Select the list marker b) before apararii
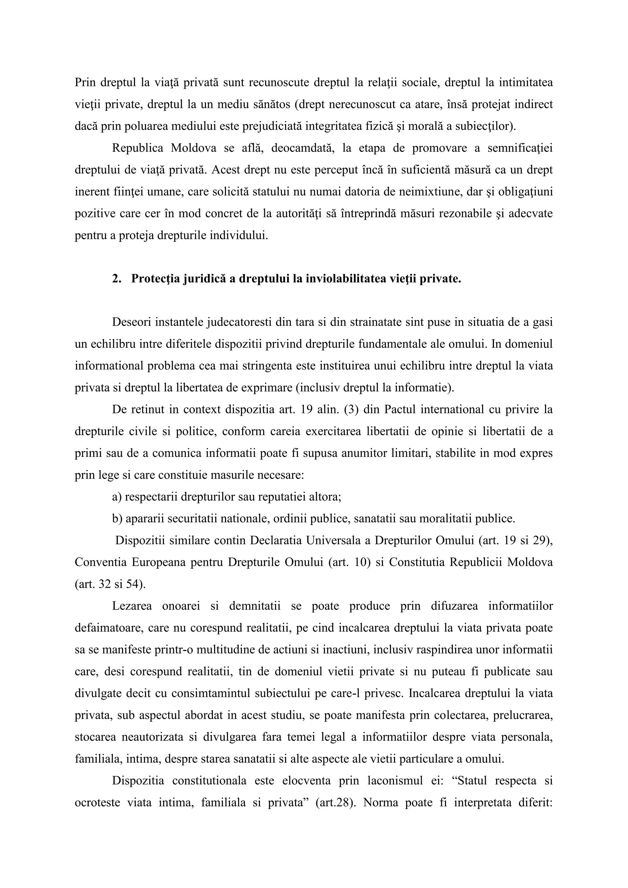pyautogui.click(x=117, y=518)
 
